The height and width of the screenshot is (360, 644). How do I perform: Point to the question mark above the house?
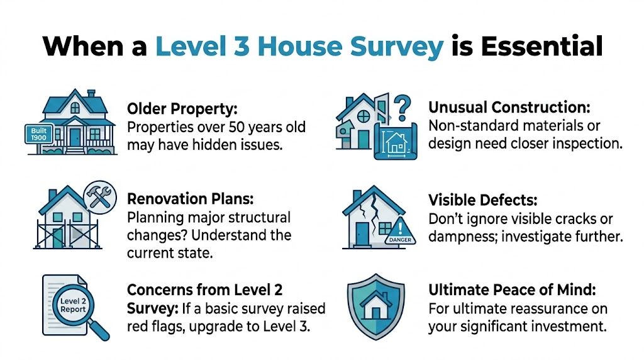(x=402, y=102)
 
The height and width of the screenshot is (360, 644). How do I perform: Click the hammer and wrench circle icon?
(x=99, y=196)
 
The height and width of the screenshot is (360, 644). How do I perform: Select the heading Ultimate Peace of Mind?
(x=511, y=290)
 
